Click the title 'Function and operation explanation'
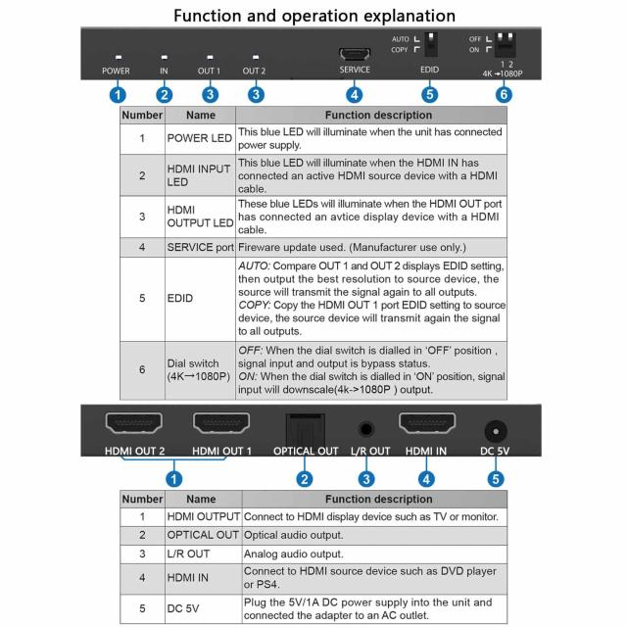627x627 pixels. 313,16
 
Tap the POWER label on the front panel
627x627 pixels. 116,72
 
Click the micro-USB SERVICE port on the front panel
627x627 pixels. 354,54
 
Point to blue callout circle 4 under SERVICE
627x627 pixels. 354,95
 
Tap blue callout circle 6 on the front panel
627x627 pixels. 504,95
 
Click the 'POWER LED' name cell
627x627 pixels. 200,139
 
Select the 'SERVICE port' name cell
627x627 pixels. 200,247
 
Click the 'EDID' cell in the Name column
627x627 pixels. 200,298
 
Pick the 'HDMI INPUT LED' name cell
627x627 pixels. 200,175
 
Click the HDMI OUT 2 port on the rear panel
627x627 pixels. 133,424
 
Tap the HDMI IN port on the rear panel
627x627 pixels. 426,424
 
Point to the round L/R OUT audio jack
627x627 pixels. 366,428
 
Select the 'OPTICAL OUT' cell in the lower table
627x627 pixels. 203,535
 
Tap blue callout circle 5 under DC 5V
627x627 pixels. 496,479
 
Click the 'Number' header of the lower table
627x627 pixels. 141,499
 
